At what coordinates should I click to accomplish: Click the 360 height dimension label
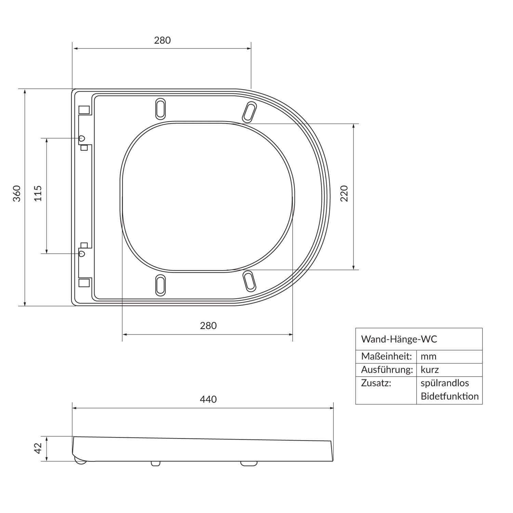(x=17, y=193)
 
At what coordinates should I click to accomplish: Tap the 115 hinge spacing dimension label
(x=38, y=193)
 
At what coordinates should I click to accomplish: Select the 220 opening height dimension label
(x=344, y=193)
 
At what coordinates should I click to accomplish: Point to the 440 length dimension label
(x=208, y=399)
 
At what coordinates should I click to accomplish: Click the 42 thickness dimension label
(x=38, y=448)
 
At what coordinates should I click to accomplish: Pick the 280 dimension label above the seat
(x=162, y=40)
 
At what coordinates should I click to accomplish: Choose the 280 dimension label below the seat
(x=208, y=325)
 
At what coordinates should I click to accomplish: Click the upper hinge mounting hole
(x=82, y=138)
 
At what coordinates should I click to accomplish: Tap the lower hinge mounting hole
(x=82, y=253)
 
